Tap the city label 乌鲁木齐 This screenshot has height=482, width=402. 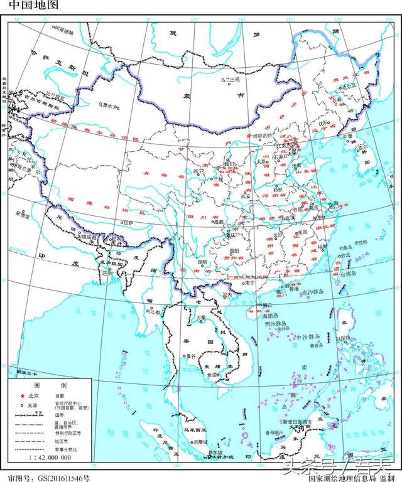(x=108, y=105)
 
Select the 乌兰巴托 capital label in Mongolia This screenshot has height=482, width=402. (x=229, y=80)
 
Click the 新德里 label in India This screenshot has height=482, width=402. (x=23, y=215)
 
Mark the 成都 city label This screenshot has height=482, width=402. (x=217, y=221)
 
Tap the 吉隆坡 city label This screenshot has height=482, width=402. (x=200, y=442)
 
